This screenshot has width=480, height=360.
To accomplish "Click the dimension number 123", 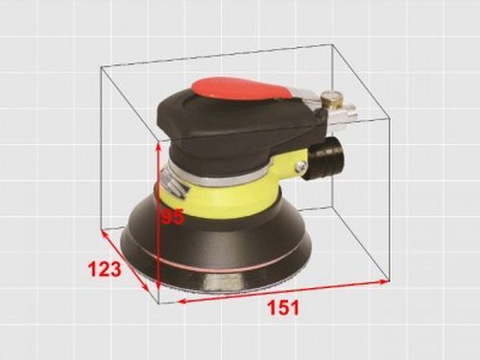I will (105, 269).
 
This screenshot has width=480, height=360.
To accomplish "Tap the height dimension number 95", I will (172, 218).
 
